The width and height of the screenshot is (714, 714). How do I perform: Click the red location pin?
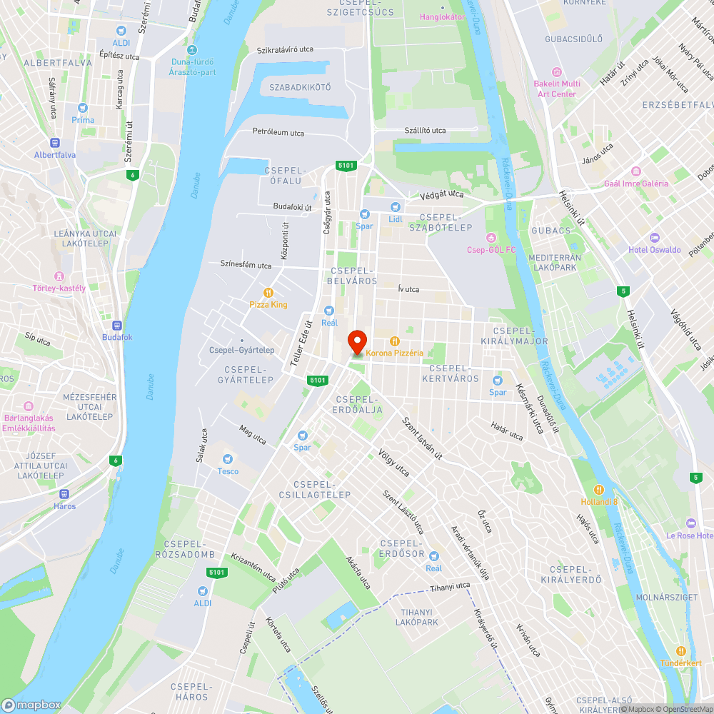[x=357, y=342]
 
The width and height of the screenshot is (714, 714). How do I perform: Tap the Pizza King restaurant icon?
[x=268, y=292]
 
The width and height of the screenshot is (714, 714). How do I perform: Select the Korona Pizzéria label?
[x=395, y=353]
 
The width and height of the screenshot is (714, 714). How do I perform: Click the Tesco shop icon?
[x=228, y=459]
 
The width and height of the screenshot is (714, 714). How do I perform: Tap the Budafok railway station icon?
[x=117, y=324]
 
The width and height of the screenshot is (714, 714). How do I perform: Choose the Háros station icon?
[x=64, y=493]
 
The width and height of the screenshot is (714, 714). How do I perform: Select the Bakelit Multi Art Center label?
[x=557, y=89]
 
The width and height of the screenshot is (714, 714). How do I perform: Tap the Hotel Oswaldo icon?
[x=655, y=238]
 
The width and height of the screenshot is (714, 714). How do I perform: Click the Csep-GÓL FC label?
[x=491, y=249]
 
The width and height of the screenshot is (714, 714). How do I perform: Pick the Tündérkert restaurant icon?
[x=680, y=650]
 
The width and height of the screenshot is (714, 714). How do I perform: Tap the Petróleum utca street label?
[x=278, y=133]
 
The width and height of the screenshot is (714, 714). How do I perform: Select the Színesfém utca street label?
[x=246, y=265]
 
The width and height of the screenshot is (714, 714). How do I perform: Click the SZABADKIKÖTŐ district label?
[x=300, y=87]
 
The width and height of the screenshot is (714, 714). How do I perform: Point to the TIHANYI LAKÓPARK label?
[x=417, y=617]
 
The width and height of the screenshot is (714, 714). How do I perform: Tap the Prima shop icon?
[x=83, y=108]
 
